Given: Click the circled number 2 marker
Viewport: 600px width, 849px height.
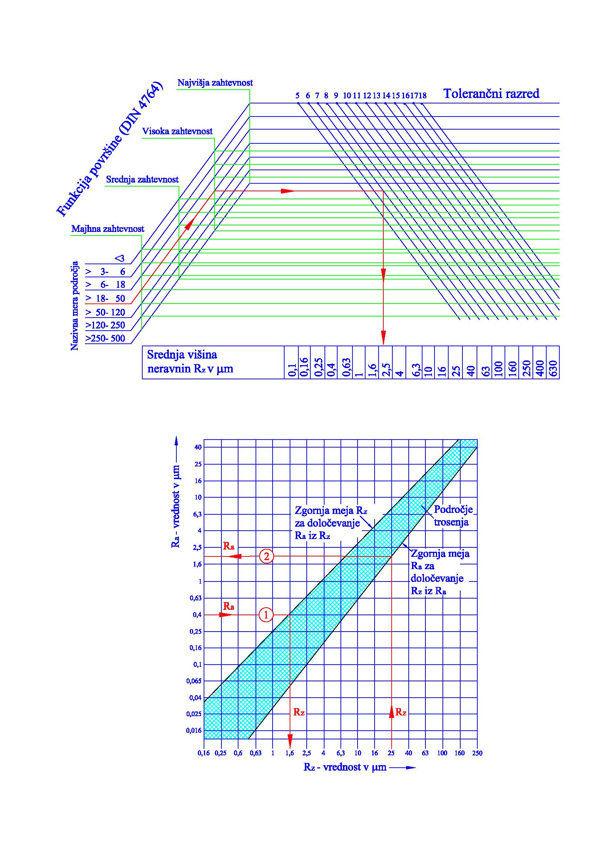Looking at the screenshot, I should (x=266, y=556).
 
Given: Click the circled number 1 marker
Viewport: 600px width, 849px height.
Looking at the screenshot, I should (x=266, y=615).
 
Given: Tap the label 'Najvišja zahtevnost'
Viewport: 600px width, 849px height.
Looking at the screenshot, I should (x=215, y=83).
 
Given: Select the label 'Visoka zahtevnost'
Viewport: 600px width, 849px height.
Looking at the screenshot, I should (x=177, y=131).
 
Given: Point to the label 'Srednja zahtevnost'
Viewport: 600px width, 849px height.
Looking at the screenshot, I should (x=142, y=180).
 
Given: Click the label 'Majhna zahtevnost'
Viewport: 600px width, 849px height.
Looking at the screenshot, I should (x=107, y=229).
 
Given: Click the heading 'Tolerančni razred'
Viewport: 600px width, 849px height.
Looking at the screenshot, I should (x=491, y=94).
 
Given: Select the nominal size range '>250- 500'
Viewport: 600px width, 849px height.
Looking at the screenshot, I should (x=105, y=338).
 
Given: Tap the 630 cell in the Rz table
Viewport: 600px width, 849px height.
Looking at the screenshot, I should (x=554, y=368).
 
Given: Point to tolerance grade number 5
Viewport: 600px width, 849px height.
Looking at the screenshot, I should (x=298, y=95).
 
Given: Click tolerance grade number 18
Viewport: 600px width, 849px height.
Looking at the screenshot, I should (x=423, y=95).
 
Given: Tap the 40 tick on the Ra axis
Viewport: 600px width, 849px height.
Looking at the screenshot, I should (x=198, y=448).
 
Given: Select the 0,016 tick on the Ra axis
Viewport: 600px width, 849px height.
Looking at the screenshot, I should (x=194, y=730).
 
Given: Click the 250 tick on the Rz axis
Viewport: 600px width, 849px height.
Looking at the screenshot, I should (x=477, y=753).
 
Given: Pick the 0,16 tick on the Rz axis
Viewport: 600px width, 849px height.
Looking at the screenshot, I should (x=204, y=753).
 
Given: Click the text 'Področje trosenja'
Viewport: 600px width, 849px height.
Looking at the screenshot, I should (x=453, y=515).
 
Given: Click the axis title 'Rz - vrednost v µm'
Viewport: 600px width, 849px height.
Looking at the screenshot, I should (x=345, y=767).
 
